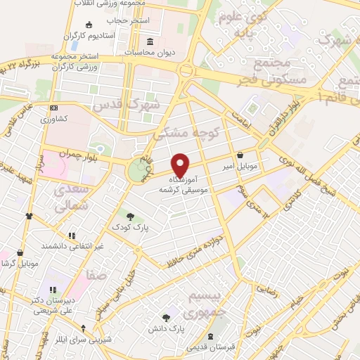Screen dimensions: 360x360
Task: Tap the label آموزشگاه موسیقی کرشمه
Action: (x=181, y=185)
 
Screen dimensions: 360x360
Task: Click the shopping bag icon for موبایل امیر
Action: (x=240, y=155)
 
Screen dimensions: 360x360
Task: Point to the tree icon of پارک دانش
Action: (x=167, y=318)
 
